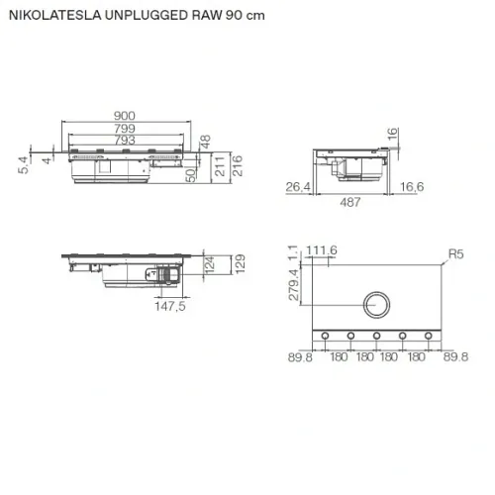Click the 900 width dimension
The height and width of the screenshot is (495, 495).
125,116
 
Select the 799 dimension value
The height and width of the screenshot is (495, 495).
125,129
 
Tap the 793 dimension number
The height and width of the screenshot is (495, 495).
125,141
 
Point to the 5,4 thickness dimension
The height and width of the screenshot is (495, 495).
24,164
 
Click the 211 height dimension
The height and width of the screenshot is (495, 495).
220,166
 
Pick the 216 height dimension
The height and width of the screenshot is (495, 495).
238,166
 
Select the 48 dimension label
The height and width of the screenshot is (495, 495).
205,142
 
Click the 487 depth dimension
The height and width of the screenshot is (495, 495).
350,202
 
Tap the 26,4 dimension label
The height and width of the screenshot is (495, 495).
298,187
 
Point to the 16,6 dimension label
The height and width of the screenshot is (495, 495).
412,187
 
